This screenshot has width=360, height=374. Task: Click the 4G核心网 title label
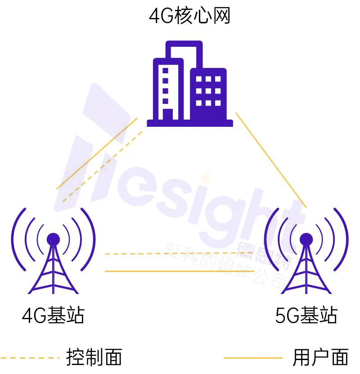coord(189,17)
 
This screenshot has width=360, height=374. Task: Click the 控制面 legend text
coord(94,358)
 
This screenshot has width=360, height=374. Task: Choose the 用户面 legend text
coord(320,358)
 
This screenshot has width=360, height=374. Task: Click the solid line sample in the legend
coord(253,358)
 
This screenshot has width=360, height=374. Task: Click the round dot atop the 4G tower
coord(53,239)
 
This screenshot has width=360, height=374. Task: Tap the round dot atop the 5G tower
coord(306,239)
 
